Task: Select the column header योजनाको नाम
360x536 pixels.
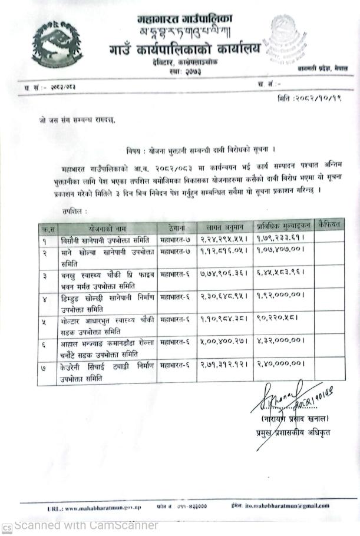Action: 103,227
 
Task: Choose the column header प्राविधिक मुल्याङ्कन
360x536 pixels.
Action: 283,226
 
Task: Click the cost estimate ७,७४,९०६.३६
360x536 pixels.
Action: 223,274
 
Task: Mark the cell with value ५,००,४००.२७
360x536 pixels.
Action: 223,341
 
